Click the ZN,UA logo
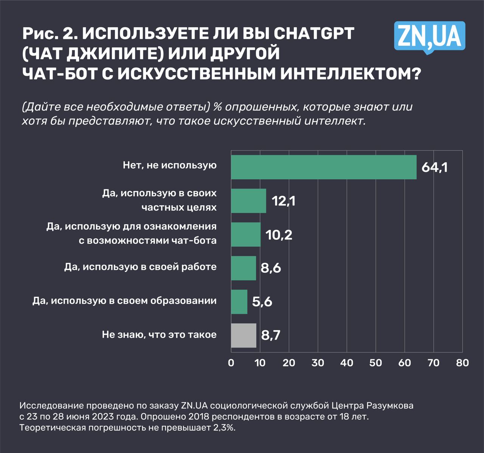coord(430,37)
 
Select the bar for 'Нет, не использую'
coord(324,167)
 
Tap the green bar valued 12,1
coord(248,201)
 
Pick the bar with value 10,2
coord(246,234)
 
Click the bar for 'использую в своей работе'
coord(244,268)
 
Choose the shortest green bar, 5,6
coord(239,302)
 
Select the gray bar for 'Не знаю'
coord(244,335)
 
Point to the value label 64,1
coord(434,167)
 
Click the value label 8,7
coord(271,335)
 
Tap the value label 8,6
coord(271,268)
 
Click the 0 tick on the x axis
coord(231,363)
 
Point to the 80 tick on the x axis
coord(462,363)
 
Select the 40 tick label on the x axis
coord(347,363)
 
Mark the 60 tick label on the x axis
coord(405,363)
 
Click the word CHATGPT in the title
coord(313,34)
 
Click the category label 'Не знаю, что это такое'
coord(159,335)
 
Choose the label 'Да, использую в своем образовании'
coord(124,301)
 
